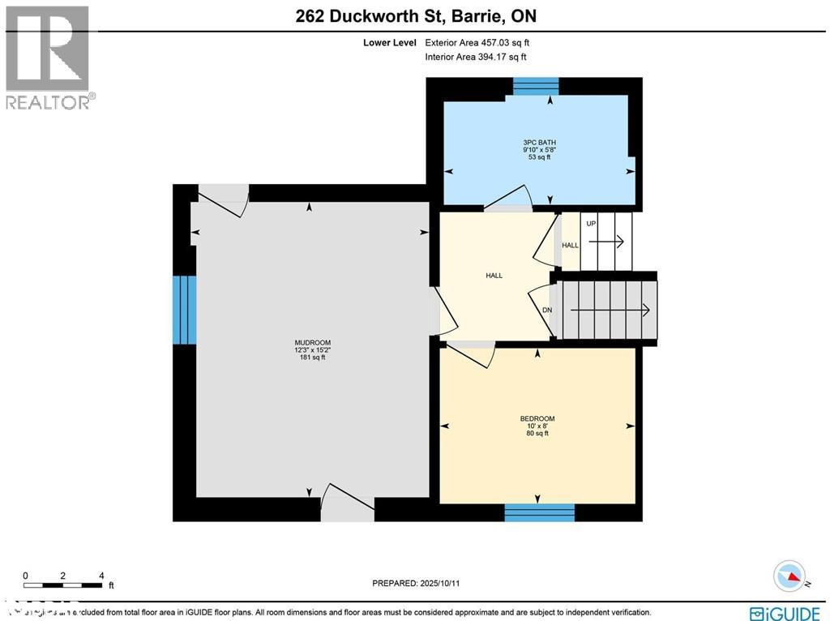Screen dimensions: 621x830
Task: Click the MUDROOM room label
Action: [x=312, y=343]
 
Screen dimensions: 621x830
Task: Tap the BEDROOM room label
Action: [x=537, y=418]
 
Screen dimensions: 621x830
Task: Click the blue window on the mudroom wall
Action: [x=184, y=310]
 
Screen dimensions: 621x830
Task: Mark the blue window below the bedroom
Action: [x=539, y=512]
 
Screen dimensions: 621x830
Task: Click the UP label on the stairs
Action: [x=591, y=223]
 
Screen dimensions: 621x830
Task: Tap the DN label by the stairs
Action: [x=547, y=309]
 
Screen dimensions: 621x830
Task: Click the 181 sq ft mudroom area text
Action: [x=312, y=357]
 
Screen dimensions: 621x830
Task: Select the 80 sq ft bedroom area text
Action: [x=537, y=433]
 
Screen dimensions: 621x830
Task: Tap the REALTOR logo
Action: [x=49, y=58]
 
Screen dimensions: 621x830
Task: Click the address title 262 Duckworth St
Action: [x=415, y=16]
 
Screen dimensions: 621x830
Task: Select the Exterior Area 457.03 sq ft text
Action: [x=477, y=43]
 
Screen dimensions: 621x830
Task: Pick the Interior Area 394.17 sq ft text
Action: [x=476, y=57]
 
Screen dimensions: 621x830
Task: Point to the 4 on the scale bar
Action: [x=101, y=576]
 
